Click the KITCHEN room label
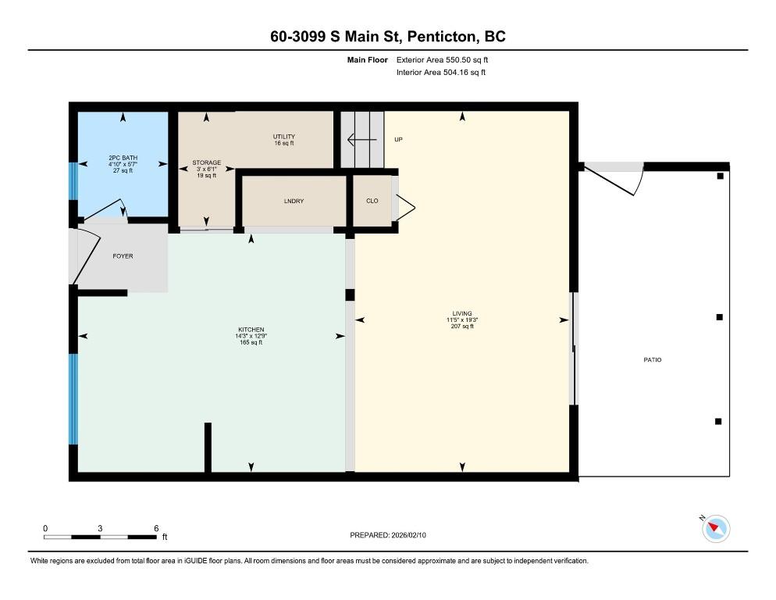pyautogui.click(x=251, y=330)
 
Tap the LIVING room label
pyautogui.click(x=461, y=313)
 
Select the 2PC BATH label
pyautogui.click(x=123, y=158)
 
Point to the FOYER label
pyautogui.click(x=123, y=256)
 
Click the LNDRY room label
pyautogui.click(x=294, y=201)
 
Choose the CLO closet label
pyautogui.click(x=372, y=201)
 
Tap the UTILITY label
pyautogui.click(x=284, y=137)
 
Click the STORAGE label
pyautogui.click(x=206, y=162)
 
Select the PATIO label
pyautogui.click(x=653, y=359)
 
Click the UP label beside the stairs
pyautogui.click(x=398, y=140)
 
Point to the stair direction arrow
pyautogui.click(x=361, y=140)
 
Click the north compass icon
pyautogui.click(x=716, y=528)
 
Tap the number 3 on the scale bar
pyautogui.click(x=100, y=528)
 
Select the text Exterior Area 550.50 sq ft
pyautogui.click(x=442, y=60)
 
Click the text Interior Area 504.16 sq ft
pyautogui.click(x=441, y=73)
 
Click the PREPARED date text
pyautogui.click(x=388, y=535)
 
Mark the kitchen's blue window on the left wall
pyautogui.click(x=73, y=399)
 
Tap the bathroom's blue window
pyautogui.click(x=73, y=181)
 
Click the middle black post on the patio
pyautogui.click(x=719, y=317)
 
